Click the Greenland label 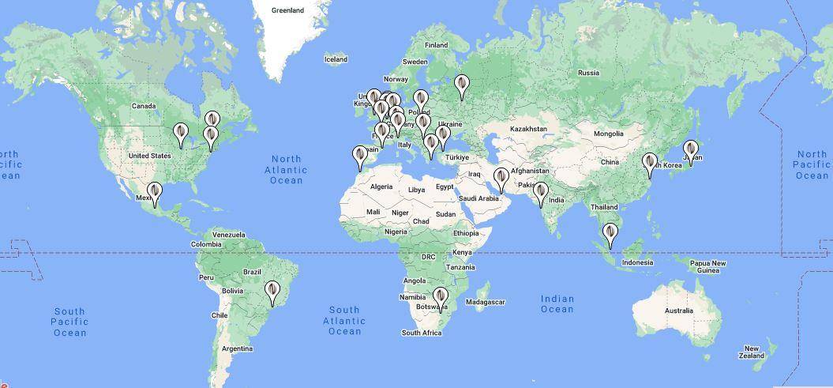287,10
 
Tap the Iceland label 336,59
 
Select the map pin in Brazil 272,292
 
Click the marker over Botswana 441,299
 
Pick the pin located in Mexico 155,194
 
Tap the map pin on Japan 691,151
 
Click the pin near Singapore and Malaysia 610,235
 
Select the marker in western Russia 462,85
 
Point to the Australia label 679,311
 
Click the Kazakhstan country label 528,129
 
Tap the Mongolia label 609,134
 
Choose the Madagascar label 485,302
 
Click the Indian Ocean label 557,303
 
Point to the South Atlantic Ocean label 344,320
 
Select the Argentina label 237,348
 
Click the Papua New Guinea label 707,266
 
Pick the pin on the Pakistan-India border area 541,193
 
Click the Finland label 436,45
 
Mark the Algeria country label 381,186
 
